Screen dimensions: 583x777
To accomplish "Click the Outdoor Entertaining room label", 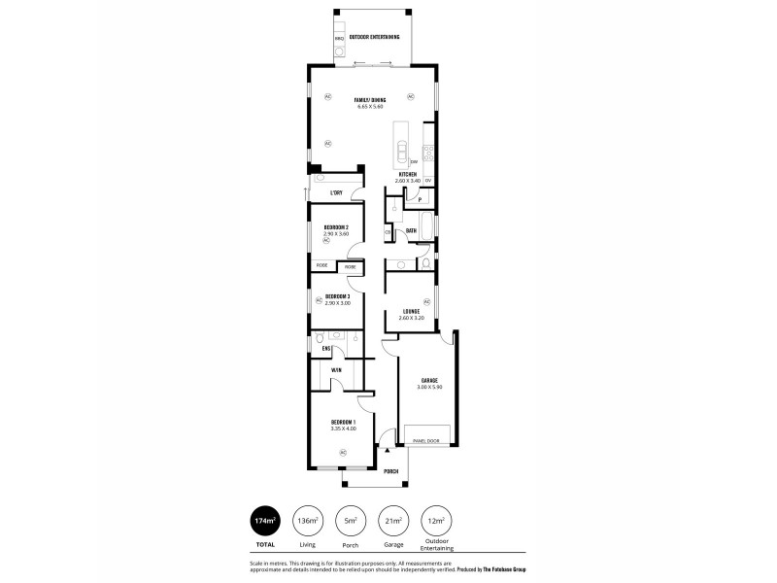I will (374, 37).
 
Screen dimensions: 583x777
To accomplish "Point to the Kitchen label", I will (407, 175).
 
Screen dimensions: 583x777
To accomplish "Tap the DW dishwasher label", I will (414, 161).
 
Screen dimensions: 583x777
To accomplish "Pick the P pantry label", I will (419, 199).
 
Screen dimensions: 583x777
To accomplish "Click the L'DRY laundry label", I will (336, 192).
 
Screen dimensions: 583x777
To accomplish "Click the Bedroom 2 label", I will (336, 227).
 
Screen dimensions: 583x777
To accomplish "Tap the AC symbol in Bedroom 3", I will (318, 300).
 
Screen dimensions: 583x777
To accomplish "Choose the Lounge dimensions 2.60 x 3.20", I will (412, 318).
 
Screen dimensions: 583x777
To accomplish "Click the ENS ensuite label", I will (327, 347).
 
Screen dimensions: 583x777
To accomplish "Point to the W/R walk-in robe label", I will (336, 370).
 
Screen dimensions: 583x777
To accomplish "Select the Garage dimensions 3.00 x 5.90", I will (428, 387).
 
